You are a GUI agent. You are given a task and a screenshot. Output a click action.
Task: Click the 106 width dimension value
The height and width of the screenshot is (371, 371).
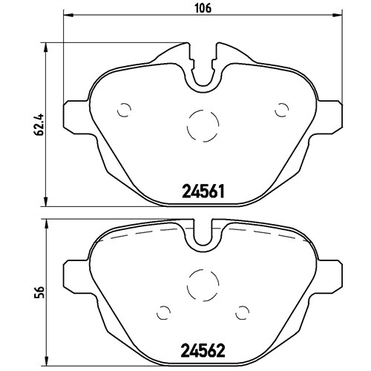(203, 8)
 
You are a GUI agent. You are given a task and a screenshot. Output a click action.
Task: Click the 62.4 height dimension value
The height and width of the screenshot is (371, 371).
(39, 124)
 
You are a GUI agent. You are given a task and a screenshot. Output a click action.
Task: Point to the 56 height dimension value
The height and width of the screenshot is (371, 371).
(39, 292)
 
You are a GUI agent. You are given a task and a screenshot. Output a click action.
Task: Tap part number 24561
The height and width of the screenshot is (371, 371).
(203, 191)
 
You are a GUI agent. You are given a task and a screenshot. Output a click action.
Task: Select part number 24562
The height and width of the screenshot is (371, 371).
(203, 350)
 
